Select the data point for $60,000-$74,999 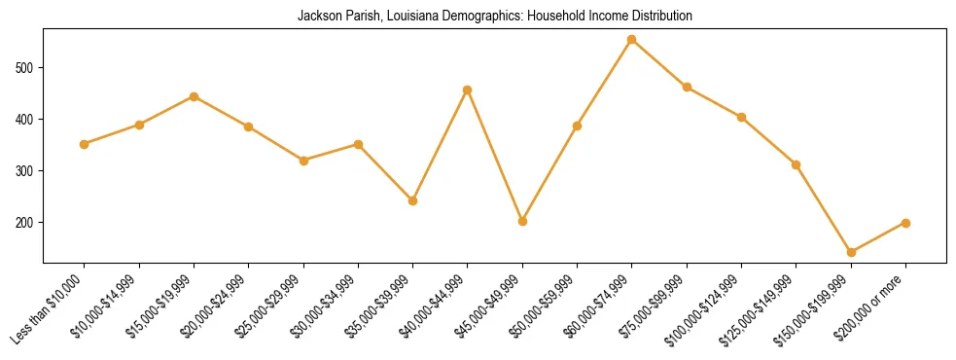(x=632, y=40)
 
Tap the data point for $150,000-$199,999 (x=851, y=252)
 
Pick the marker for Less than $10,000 (x=85, y=144)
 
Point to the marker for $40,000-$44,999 (x=468, y=90)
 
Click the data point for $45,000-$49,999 (x=522, y=221)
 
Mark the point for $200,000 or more (x=905, y=223)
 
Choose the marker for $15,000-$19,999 (x=194, y=96)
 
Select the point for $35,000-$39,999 (x=412, y=200)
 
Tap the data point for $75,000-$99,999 (x=687, y=87)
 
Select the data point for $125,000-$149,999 (x=796, y=165)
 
